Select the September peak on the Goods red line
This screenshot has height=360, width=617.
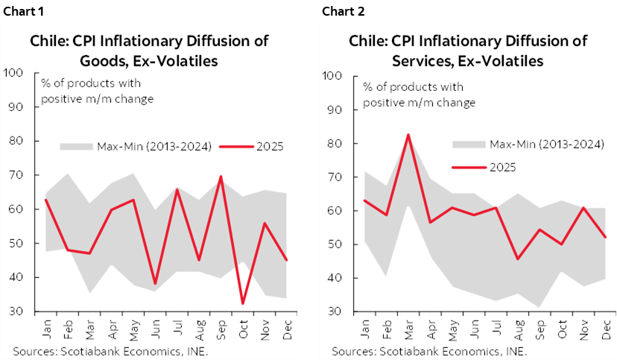pos(221,177)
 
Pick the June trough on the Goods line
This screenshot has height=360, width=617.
pos(155,284)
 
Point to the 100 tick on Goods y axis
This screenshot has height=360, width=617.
pos(13,73)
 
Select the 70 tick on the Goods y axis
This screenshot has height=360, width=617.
pos(16,175)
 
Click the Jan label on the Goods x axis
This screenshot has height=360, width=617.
pos(46,327)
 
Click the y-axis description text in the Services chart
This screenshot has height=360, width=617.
pos(419,95)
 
